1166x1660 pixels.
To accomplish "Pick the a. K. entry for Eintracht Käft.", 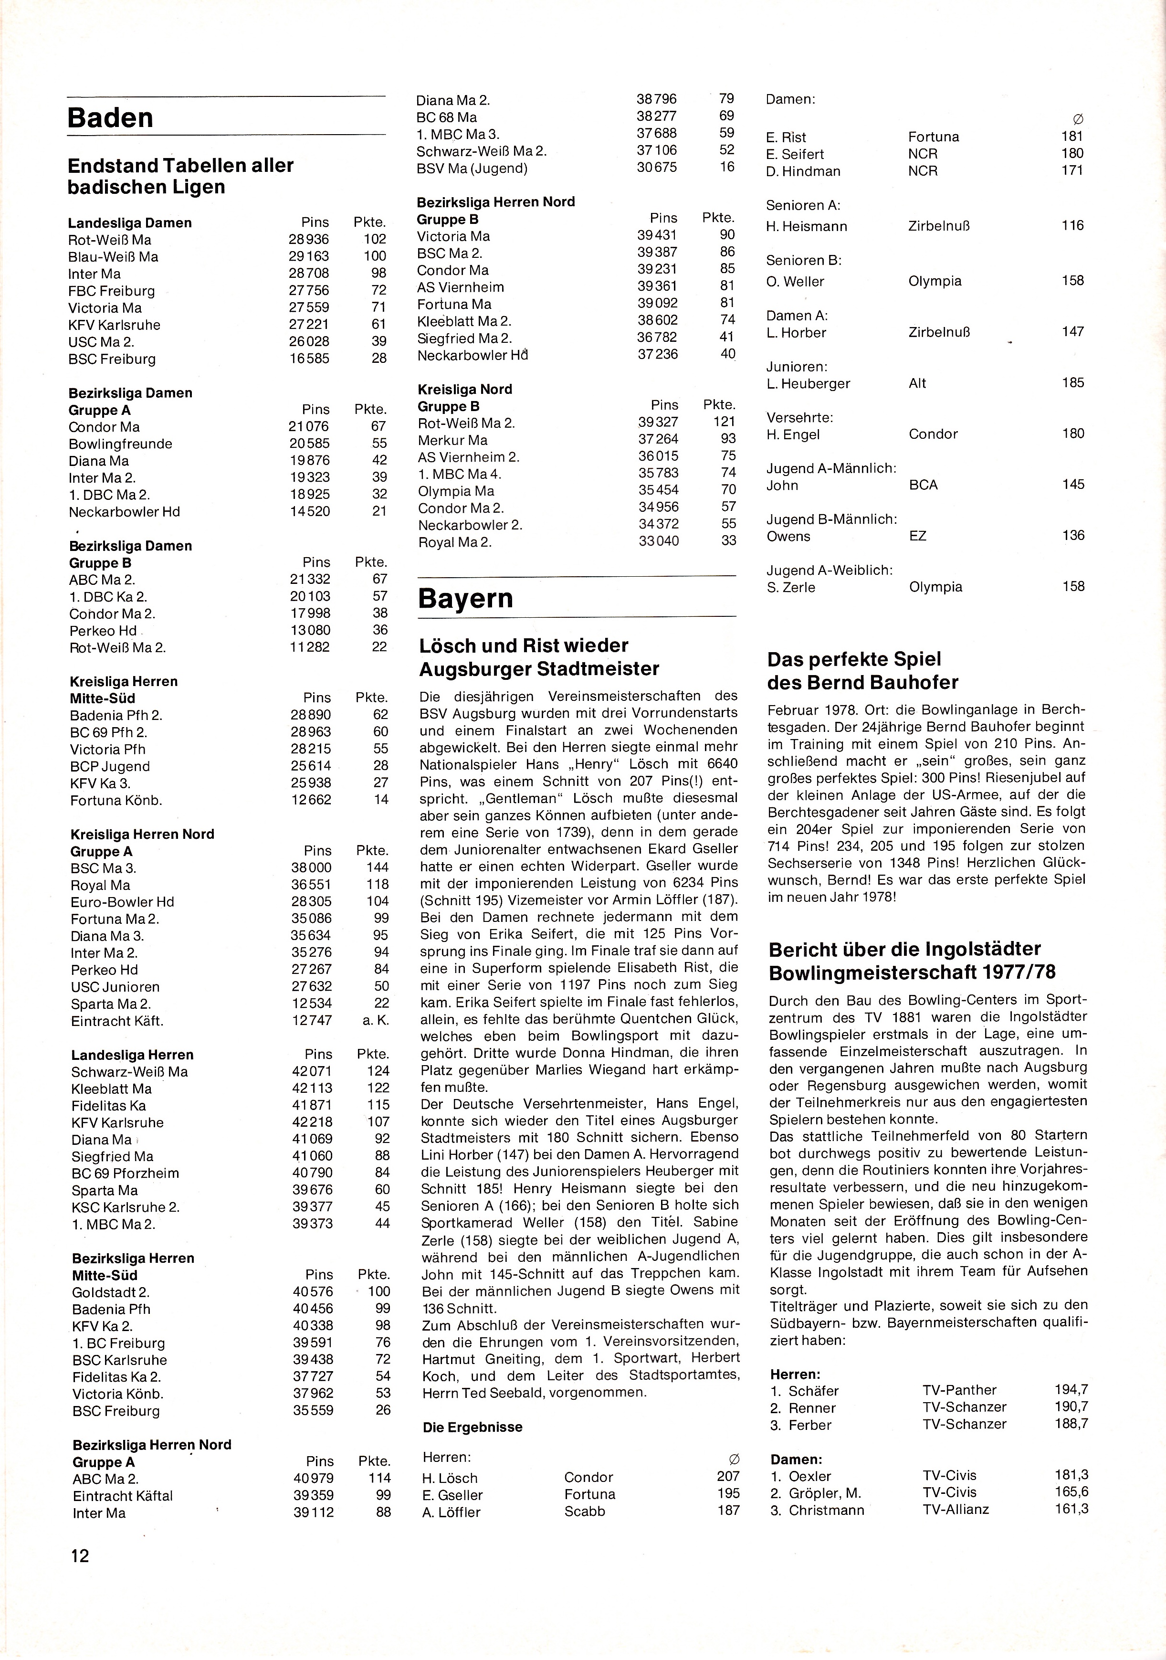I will click(376, 1020).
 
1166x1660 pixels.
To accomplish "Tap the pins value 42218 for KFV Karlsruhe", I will click(312, 1122).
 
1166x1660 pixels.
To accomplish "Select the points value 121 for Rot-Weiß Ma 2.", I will click(724, 422).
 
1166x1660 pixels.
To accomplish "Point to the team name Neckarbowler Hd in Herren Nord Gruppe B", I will click(472, 356).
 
